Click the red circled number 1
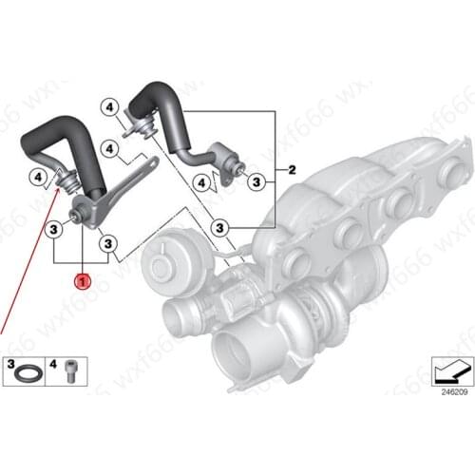(x=83, y=282)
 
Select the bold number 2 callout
(x=292, y=171)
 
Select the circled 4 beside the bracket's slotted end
(x=111, y=149)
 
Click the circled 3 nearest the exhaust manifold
(x=219, y=228)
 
